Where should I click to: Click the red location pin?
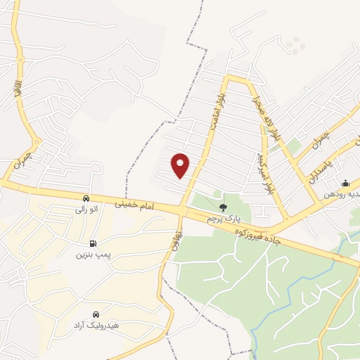(x=181, y=165)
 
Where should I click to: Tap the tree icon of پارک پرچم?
(x=223, y=207)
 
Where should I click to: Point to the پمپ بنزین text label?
(x=94, y=255)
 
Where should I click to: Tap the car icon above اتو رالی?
(x=85, y=198)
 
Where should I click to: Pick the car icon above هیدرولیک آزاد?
(x=95, y=315)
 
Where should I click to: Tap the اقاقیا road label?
(x=17, y=86)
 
